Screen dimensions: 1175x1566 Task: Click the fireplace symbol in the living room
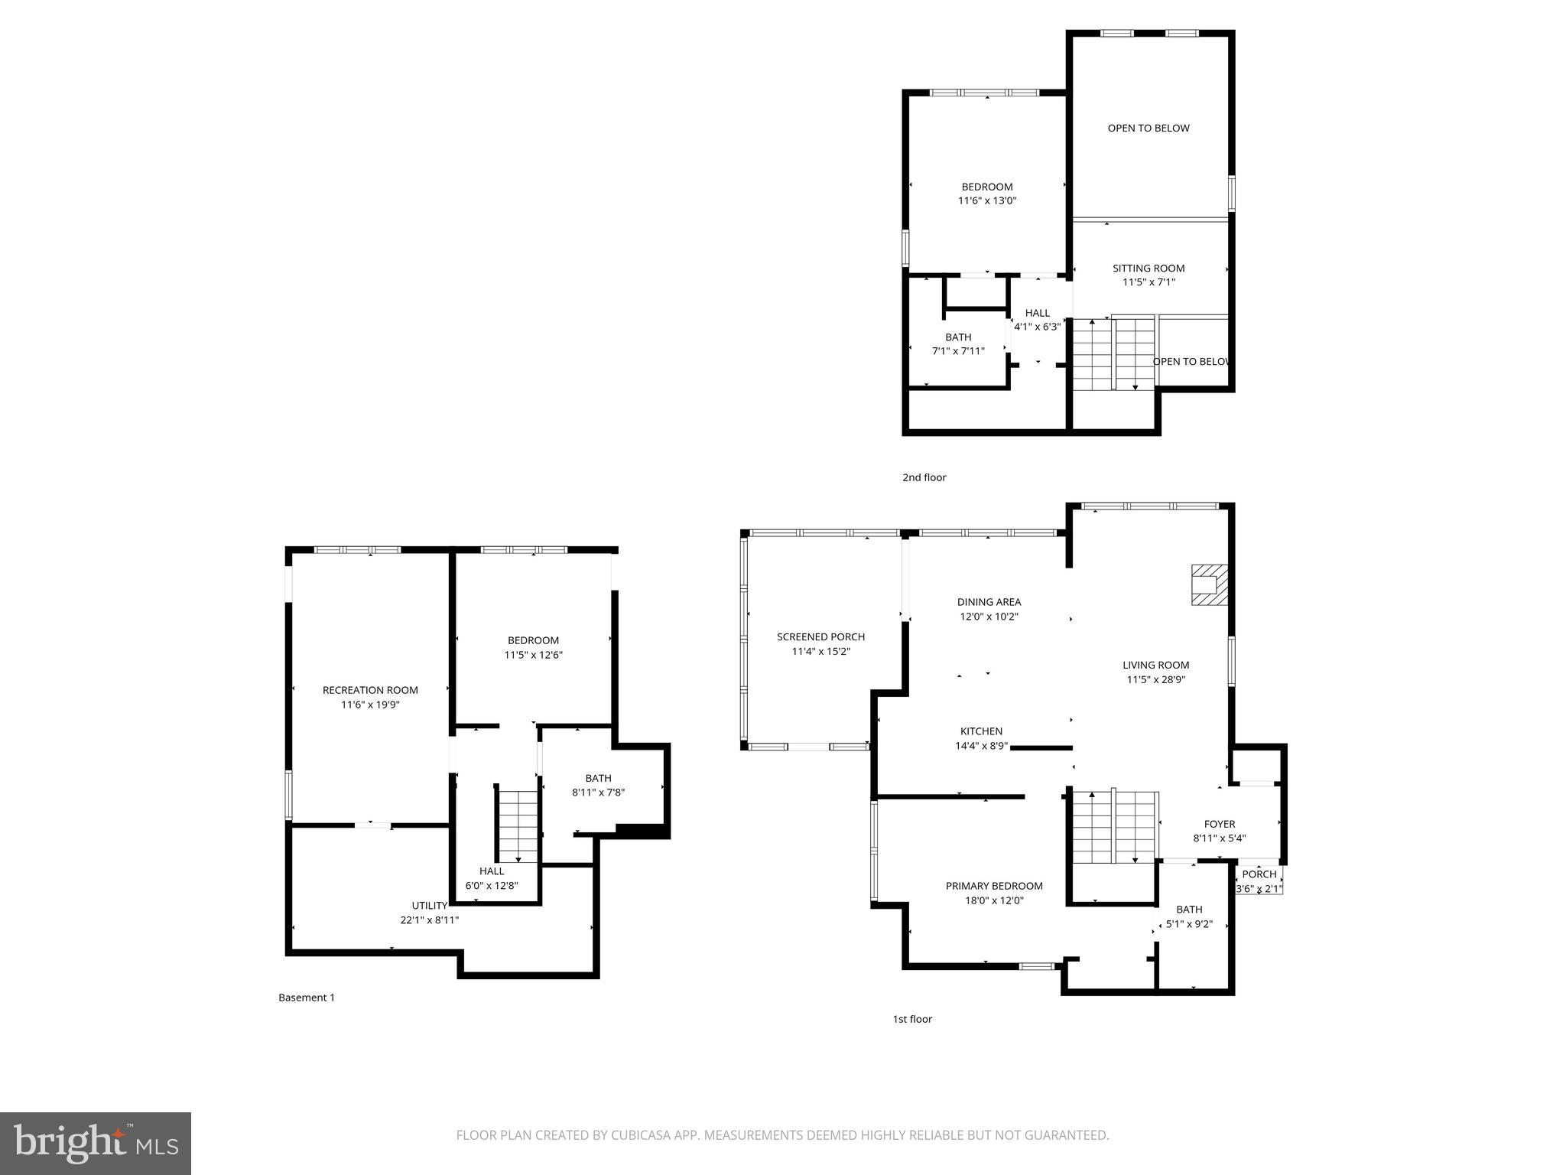point(1210,585)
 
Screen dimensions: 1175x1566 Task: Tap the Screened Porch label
point(820,636)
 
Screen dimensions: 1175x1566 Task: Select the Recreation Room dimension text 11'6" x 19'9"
point(370,705)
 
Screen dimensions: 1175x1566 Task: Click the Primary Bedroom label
point(994,886)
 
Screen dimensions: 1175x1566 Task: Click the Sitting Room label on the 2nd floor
point(1149,268)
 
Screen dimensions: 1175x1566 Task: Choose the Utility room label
point(430,906)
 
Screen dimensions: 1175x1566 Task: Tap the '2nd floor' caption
point(924,477)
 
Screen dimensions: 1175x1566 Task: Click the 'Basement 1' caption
point(306,998)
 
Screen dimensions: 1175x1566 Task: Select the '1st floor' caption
point(912,1019)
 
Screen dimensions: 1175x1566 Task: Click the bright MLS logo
point(96,1143)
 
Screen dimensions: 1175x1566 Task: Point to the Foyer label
point(1220,824)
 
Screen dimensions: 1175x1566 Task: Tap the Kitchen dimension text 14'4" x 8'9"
point(981,746)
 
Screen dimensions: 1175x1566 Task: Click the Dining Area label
point(989,602)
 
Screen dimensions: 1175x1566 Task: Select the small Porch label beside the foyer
point(1259,874)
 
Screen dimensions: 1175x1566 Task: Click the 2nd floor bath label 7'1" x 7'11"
point(958,351)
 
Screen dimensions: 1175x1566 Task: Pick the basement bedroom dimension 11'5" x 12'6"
point(533,655)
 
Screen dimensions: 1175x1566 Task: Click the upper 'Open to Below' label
point(1149,128)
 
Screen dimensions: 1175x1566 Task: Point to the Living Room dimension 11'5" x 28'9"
point(1155,679)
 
